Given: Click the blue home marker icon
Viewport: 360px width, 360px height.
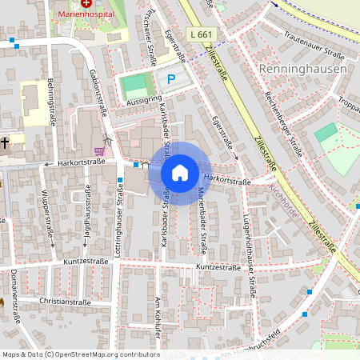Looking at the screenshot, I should (x=180, y=173).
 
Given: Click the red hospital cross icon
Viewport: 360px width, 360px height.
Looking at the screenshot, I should (x=86, y=4).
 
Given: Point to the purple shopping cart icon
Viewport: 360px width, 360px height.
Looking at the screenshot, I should (x=99, y=150).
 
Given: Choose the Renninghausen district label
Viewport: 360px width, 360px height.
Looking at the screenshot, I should (x=303, y=69).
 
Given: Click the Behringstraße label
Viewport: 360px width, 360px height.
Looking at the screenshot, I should (x=51, y=93).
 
